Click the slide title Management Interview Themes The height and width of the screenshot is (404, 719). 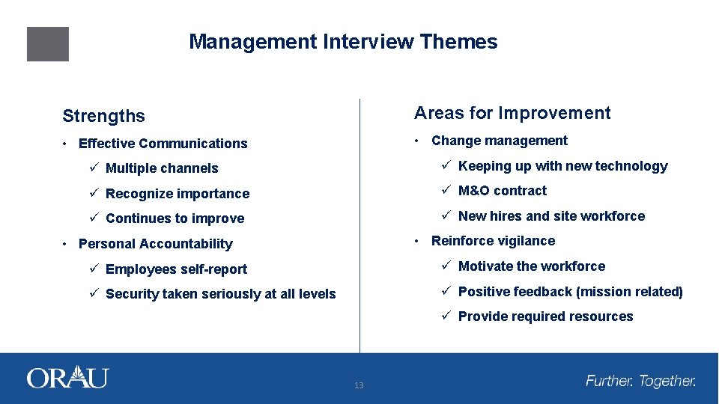coord(343,42)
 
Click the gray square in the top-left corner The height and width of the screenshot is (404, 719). coord(48,44)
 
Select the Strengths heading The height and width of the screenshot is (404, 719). coord(103,116)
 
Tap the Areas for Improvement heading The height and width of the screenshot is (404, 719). coord(512,113)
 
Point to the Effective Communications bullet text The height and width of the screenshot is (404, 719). coord(163,144)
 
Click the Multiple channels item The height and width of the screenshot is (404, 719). coord(162,168)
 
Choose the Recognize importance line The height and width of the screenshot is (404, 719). coord(177,194)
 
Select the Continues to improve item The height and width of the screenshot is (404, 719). coord(175,218)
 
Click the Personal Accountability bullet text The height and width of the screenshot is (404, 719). coord(155,244)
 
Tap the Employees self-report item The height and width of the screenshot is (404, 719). coord(176,269)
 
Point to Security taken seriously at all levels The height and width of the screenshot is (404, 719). coord(220,294)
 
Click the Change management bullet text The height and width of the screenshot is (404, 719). coord(500,141)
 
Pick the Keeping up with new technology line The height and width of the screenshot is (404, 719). coord(562,166)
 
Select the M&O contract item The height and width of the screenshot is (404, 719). coord(502,191)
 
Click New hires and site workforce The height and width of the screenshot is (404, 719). coord(551,216)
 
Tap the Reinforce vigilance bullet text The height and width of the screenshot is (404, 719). coord(493,241)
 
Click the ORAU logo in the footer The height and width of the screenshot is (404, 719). coord(67,377)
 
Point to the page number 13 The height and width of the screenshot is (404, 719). coord(359,385)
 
